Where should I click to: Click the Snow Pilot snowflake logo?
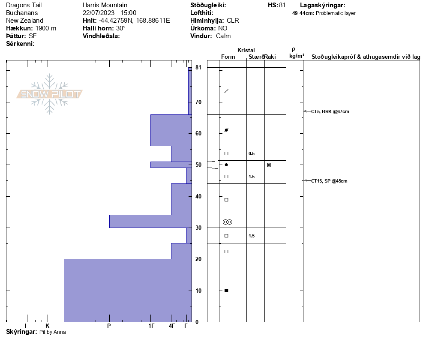pyautogui.click(x=50, y=94)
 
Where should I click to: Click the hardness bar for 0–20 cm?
pyautogui.click(x=128, y=290)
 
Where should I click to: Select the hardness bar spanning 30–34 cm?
pyautogui.click(x=150, y=221)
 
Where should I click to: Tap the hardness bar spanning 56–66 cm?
pyautogui.click(x=171, y=130)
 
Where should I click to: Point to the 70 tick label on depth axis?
pyautogui.click(x=198, y=102)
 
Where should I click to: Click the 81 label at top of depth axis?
pyautogui.click(x=198, y=67)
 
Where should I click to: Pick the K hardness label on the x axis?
pyautogui.click(x=48, y=326)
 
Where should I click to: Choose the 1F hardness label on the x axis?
pyautogui.click(x=151, y=326)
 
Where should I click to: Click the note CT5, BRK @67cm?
pyautogui.click(x=330, y=111)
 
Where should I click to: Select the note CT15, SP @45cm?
pyautogui.click(x=329, y=181)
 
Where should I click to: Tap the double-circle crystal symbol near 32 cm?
pyautogui.click(x=227, y=222)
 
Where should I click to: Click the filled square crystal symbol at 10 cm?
pyautogui.click(x=226, y=291)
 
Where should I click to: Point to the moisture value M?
pyautogui.click(x=269, y=165)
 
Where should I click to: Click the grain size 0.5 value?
pyautogui.click(x=252, y=153)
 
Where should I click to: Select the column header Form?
pyautogui.click(x=228, y=57)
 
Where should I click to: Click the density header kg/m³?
pyautogui.click(x=297, y=56)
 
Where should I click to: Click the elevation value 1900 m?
pyautogui.click(x=46, y=28)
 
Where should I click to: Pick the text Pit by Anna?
pyautogui.click(x=53, y=332)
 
